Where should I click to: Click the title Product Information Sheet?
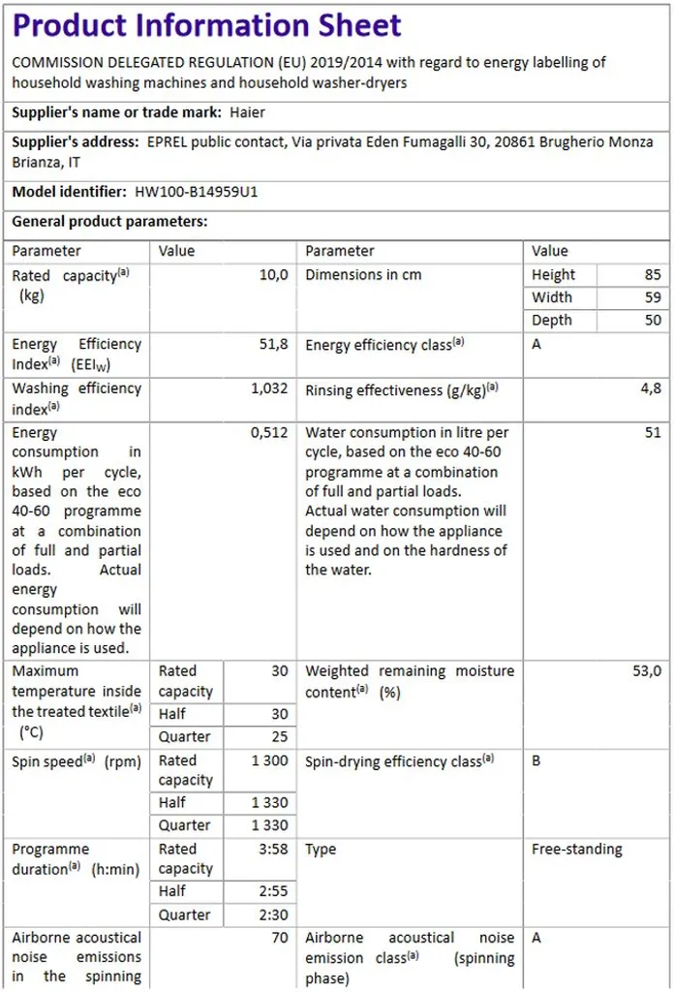pos(206,26)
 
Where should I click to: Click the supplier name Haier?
pos(247,112)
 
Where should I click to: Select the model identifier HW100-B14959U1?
pos(197,192)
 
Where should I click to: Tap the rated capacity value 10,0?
pos(273,275)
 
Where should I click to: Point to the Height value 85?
pos(653,275)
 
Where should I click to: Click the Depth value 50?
pos(653,321)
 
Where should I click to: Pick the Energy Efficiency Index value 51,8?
pos(273,344)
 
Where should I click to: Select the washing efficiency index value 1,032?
pos(269,388)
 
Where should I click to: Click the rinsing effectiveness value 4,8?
pos(652,388)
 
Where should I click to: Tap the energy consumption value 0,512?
pos(269,433)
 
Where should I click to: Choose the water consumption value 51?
pos(653,433)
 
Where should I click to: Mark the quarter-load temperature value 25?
pos(279,737)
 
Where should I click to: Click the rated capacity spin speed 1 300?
pos(270,761)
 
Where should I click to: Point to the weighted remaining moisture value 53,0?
pos(646,671)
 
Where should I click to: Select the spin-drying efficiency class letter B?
pos(536,761)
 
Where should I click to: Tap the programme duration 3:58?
pos(272,850)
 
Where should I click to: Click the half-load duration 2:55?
pos(272,891)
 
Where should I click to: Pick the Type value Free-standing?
pos(577,850)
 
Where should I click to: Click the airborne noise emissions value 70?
pos(279,938)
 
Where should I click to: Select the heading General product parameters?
pos(109,222)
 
